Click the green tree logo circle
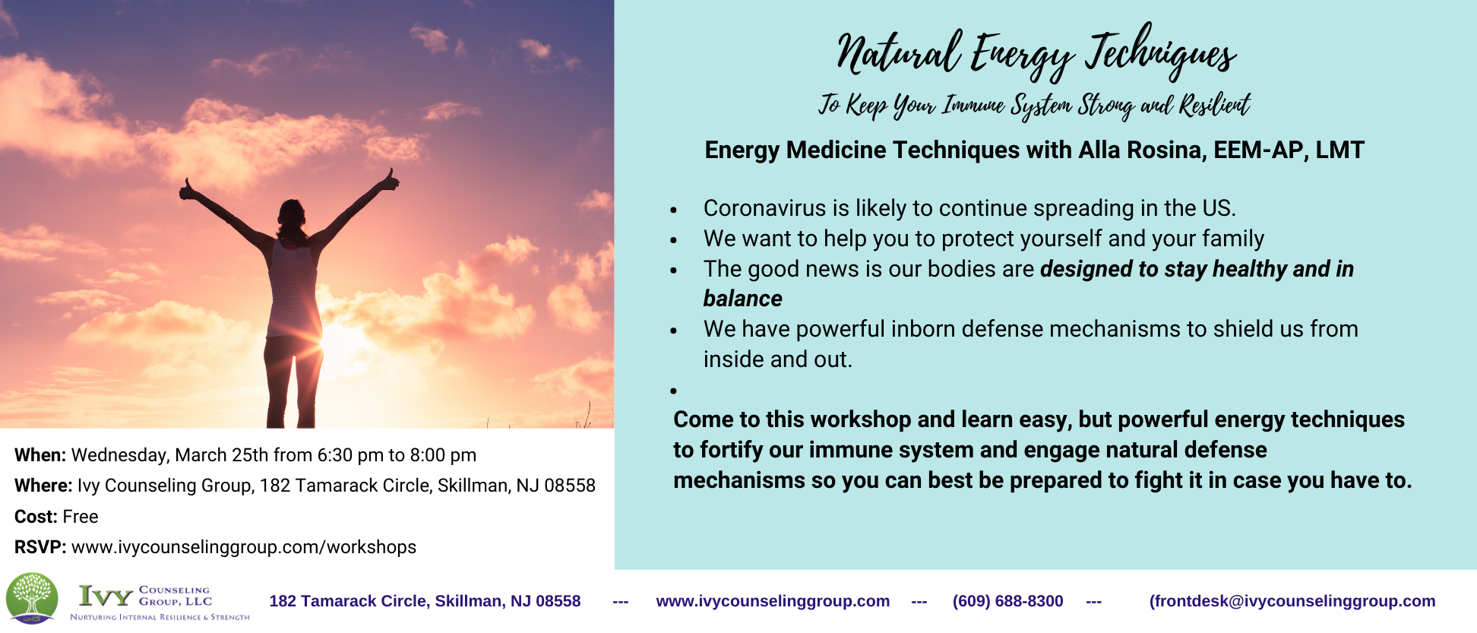[x=32, y=598]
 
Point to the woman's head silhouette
[x=291, y=217]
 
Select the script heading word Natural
[x=897, y=53]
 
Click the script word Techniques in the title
[x=1160, y=52]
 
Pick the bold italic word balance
[x=742, y=299]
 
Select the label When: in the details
[x=40, y=455]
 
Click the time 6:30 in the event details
[x=335, y=455]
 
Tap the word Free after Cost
[x=81, y=517]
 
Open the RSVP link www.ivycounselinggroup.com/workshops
[x=244, y=547]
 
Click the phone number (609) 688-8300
[x=1007, y=601]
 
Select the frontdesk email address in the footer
[x=1292, y=601]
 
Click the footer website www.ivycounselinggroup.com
[x=773, y=601]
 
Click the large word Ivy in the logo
[x=106, y=597]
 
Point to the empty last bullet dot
[x=674, y=391]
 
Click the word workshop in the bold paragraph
[x=859, y=419]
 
